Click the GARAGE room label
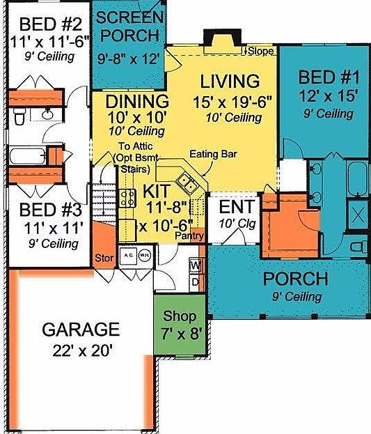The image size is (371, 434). pos(80,329)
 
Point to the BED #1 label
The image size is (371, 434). pos(326,77)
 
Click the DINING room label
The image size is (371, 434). pos(137,102)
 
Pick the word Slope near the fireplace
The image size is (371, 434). pos(260,51)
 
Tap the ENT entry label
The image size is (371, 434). pos(234,208)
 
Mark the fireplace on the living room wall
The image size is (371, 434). pos(216,39)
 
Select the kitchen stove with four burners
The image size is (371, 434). pos(127,198)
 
